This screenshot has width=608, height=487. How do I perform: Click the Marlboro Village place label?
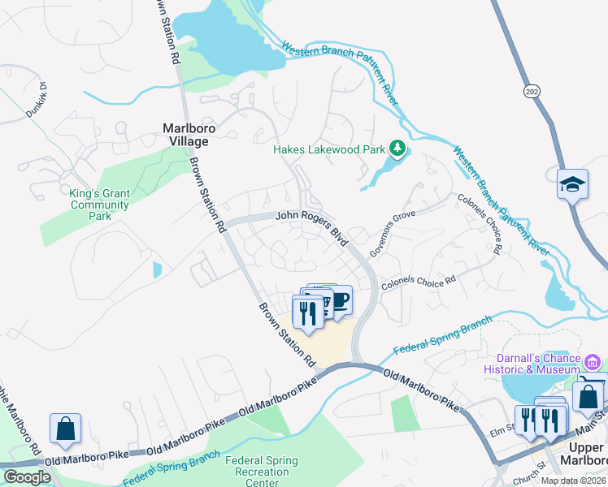point(185,134)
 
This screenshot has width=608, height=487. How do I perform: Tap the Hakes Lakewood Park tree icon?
point(397,148)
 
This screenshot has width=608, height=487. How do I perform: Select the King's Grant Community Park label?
point(100,200)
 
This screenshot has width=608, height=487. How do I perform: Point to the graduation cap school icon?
point(572,184)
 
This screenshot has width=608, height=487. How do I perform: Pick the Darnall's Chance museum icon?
point(593,361)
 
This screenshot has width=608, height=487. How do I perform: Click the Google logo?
point(26,477)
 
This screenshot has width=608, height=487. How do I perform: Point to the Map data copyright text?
point(573,481)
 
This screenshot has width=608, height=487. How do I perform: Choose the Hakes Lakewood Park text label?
point(329,149)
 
